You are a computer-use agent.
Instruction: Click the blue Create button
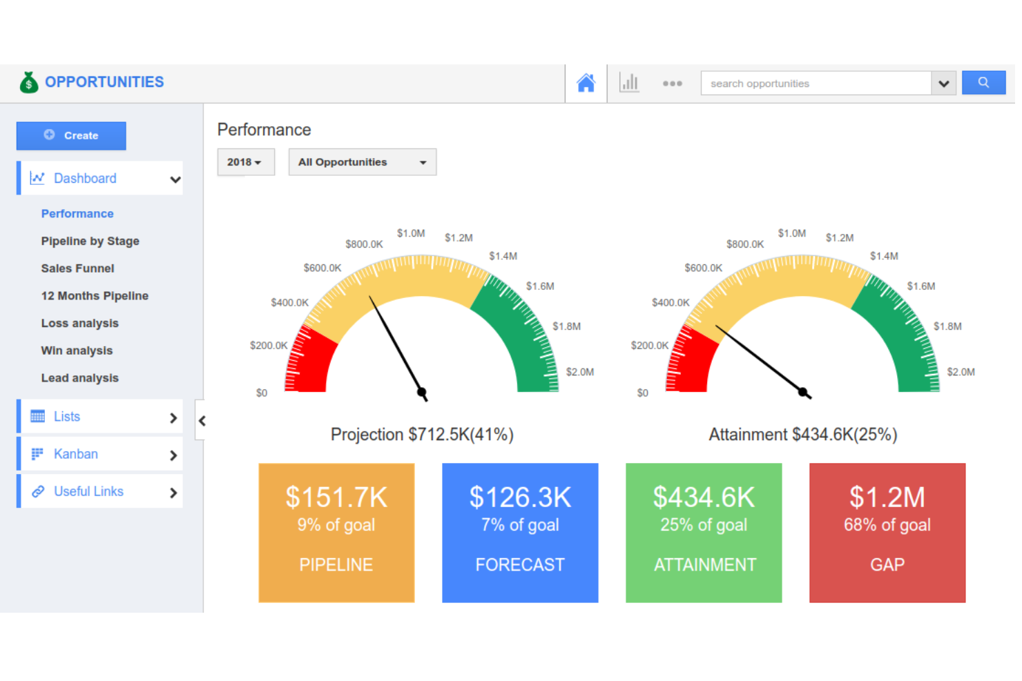click(71, 135)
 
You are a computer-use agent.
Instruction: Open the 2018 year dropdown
click(245, 162)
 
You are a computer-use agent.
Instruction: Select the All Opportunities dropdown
click(362, 162)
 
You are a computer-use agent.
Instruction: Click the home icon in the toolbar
click(586, 83)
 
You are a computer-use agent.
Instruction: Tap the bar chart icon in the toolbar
click(629, 83)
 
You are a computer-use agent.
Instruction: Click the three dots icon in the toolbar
click(672, 83)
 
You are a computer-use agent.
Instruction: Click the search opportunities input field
click(816, 83)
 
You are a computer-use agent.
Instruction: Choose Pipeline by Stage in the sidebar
click(90, 241)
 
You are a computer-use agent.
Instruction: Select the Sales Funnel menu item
click(77, 268)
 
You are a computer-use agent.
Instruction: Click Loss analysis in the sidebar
click(79, 323)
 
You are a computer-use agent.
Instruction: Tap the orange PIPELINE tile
click(336, 533)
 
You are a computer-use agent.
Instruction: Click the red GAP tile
click(887, 533)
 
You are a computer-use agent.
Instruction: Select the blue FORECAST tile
click(520, 533)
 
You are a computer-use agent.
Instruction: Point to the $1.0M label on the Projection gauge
click(411, 233)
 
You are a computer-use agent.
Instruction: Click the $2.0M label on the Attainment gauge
click(961, 372)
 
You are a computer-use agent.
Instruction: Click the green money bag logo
click(28, 82)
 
